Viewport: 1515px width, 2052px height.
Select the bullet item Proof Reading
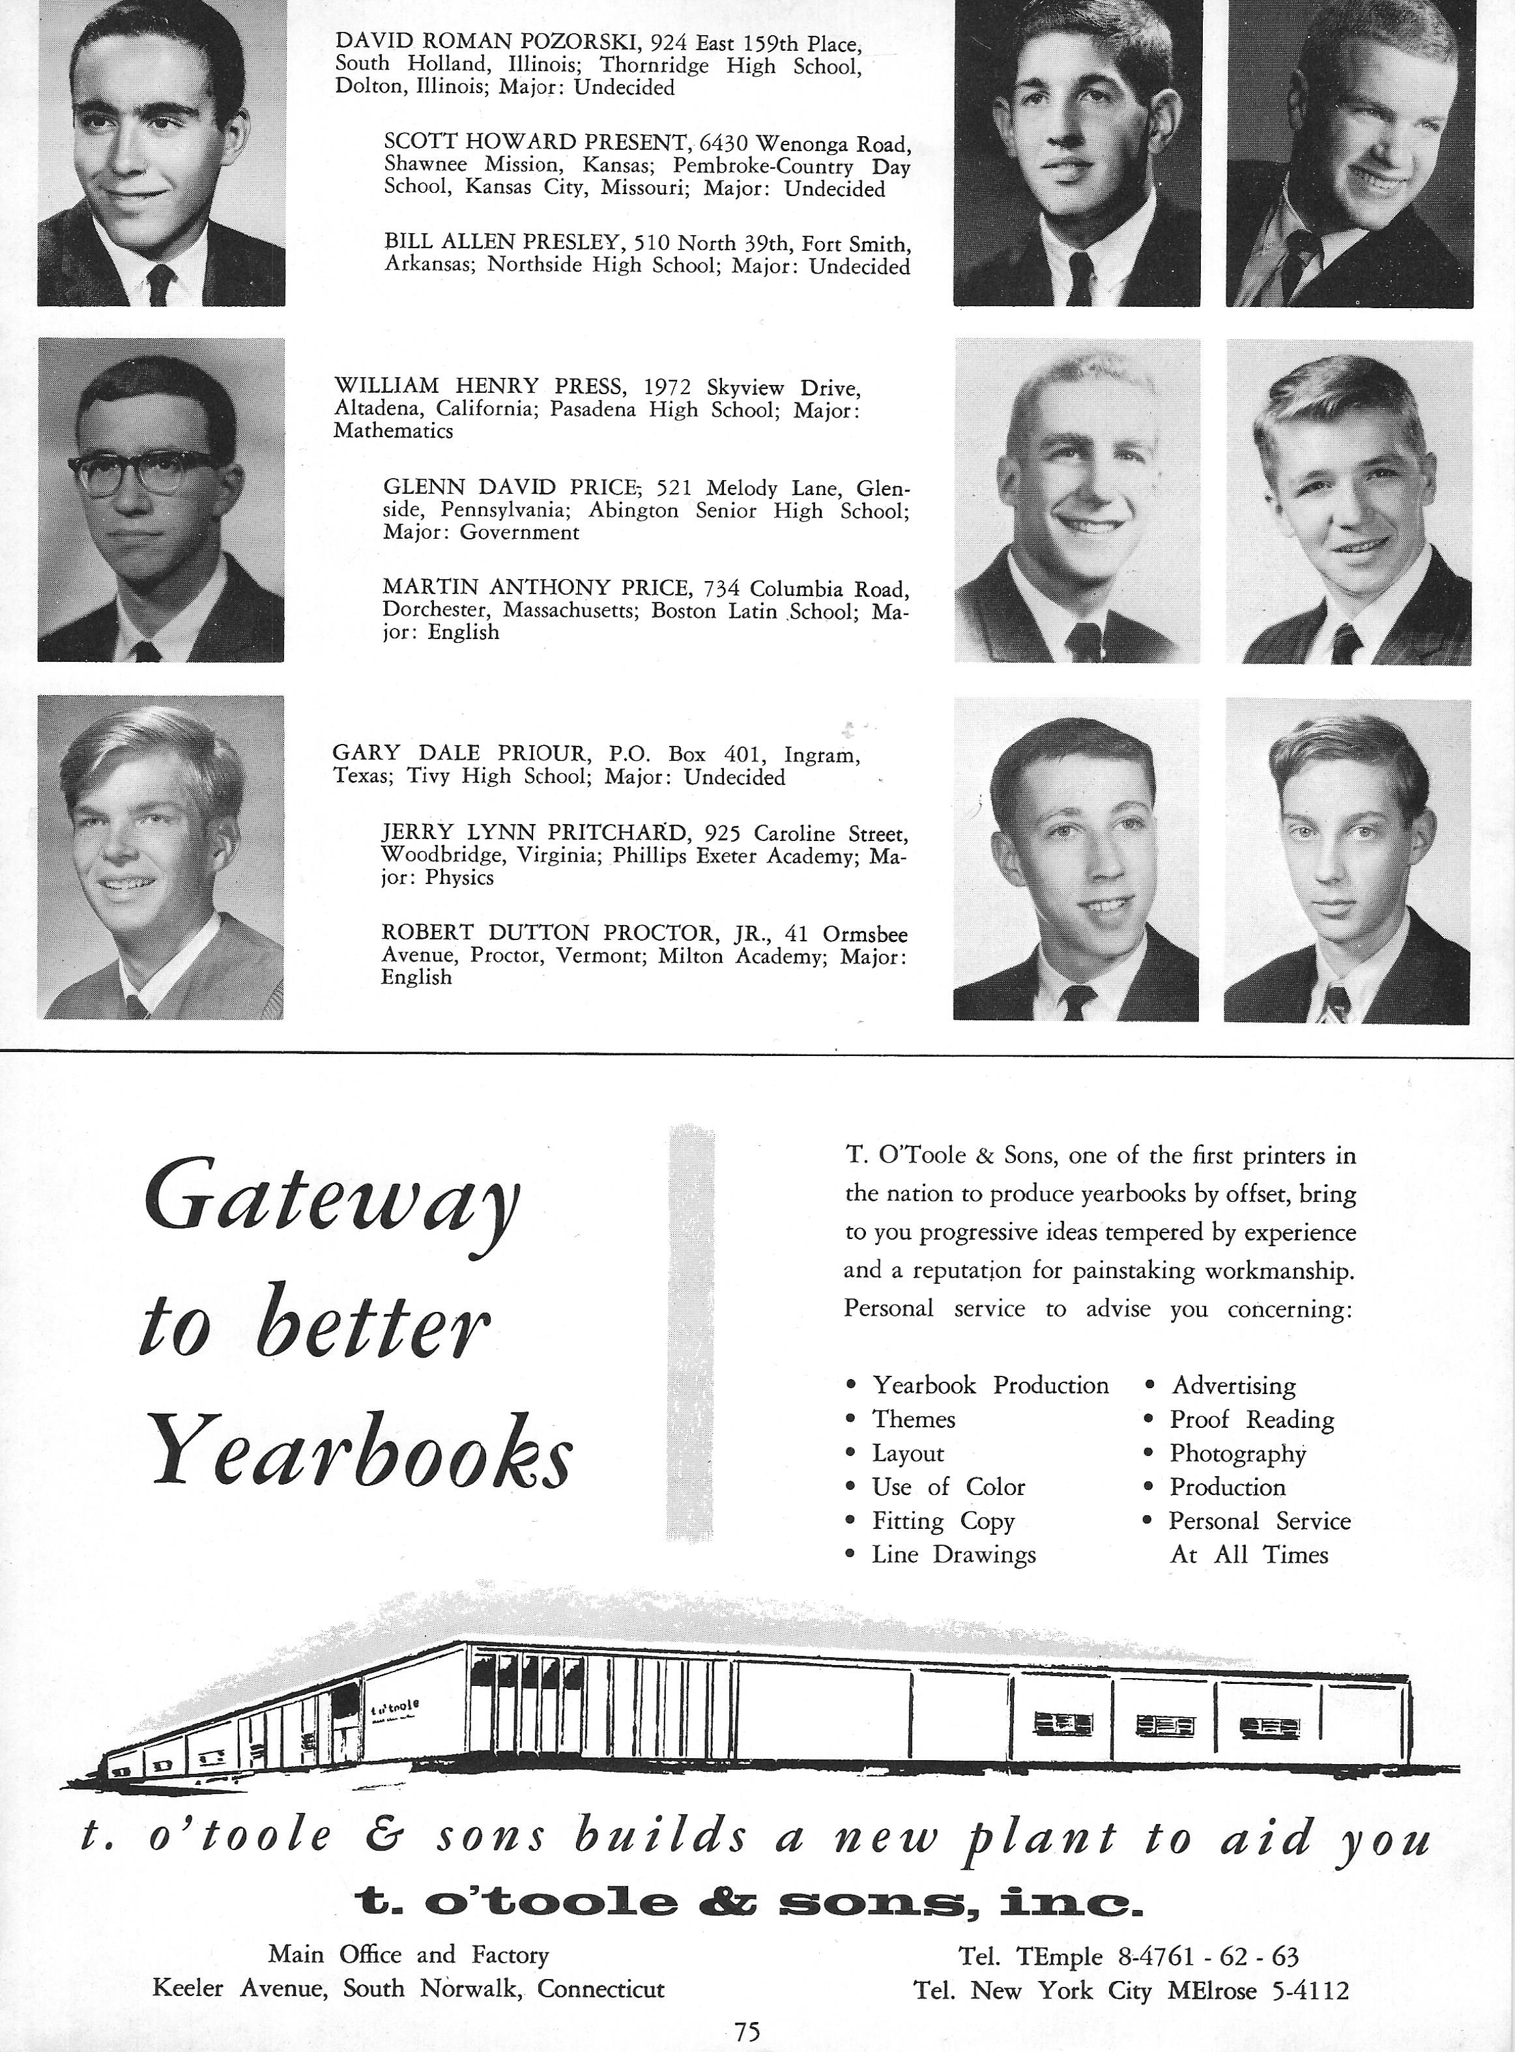click(x=1251, y=1420)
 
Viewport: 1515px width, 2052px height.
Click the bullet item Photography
click(x=1237, y=1454)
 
